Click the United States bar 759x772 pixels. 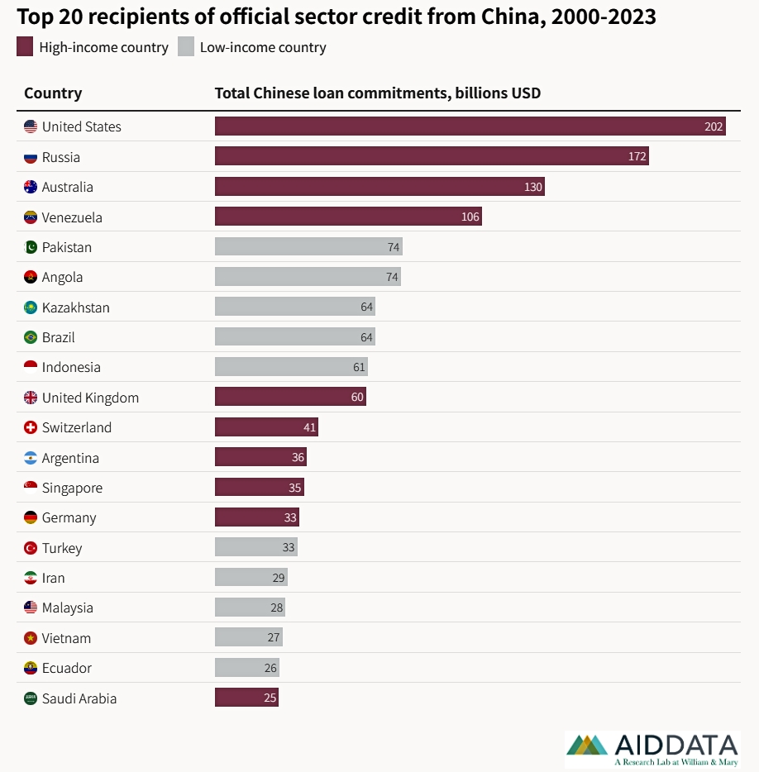[x=470, y=126]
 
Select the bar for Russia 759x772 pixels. [x=432, y=156]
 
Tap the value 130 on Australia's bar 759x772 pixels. [x=533, y=187]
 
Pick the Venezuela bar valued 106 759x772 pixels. [x=348, y=217]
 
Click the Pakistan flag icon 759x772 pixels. [x=31, y=247]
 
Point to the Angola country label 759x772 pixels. [x=62, y=277]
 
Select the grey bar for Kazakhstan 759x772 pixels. [x=295, y=307]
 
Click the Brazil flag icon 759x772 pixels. [x=31, y=337]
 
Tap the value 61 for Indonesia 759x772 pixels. [x=359, y=367]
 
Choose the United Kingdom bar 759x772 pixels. [x=290, y=397]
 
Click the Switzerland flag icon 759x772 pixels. [x=31, y=427]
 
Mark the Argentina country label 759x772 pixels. [x=70, y=458]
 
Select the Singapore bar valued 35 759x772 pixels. [x=260, y=488]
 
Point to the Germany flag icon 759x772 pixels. [x=31, y=517]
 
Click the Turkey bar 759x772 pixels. [x=256, y=547]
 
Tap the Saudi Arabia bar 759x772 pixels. [x=246, y=698]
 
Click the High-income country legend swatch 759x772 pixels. [x=25, y=47]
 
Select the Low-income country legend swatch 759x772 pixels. [x=185, y=47]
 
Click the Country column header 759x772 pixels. [x=53, y=93]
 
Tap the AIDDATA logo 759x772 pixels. [x=652, y=749]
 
